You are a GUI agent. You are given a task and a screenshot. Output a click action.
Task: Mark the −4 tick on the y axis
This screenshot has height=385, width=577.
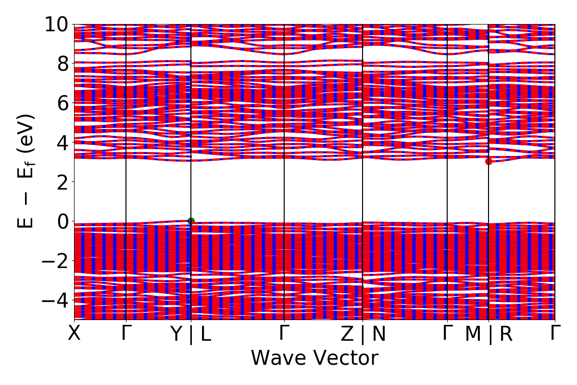pyautogui.click(x=54, y=300)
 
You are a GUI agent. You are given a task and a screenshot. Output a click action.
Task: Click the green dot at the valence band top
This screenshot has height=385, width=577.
pyautogui.click(x=191, y=221)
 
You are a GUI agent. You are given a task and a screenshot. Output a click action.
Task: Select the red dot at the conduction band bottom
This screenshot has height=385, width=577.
pyautogui.click(x=489, y=161)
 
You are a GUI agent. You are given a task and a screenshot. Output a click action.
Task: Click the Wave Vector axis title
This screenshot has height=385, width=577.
pyautogui.click(x=314, y=359)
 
